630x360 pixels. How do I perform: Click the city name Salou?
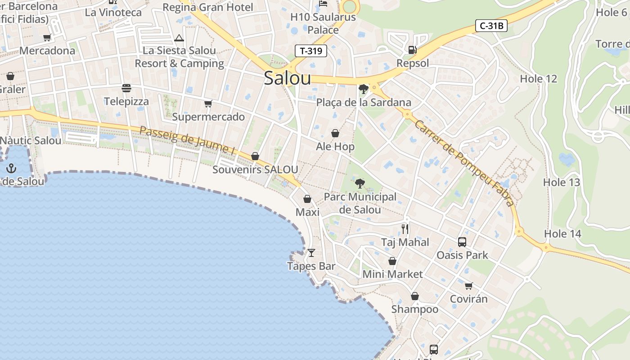pos(287,78)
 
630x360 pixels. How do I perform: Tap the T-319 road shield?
pos(311,51)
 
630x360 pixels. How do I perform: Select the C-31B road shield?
pos(491,26)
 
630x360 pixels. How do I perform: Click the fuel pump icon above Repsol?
pos(412,50)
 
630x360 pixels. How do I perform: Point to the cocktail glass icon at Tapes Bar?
pos(311,253)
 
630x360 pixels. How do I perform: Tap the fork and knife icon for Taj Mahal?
pos(405,229)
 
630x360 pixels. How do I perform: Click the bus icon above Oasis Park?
pos(462,242)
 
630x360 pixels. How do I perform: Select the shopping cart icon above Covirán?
pos(468,286)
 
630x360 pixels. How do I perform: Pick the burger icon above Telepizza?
pos(126,88)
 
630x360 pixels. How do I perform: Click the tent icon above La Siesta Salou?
pos(179,38)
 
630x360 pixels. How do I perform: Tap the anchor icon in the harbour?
pos(11,169)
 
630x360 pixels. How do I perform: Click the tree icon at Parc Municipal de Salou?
pos(360,183)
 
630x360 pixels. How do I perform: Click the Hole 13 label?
pos(561,182)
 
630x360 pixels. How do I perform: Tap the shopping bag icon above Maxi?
pos(307,199)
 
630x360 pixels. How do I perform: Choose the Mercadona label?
pos(47,50)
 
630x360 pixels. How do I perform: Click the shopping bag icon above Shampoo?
pos(415,296)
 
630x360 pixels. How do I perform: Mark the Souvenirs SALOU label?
pos(255,170)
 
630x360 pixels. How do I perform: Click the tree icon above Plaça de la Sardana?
pos(363,89)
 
